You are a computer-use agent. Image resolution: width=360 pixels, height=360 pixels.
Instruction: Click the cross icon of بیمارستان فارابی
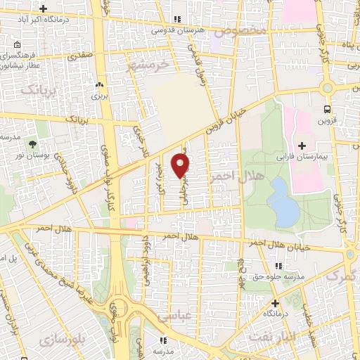(x=302, y=146)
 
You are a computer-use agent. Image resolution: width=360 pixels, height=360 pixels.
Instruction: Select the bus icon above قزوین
(x=327, y=109)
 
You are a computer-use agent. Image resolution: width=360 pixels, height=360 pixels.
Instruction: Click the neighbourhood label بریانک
(x=37, y=89)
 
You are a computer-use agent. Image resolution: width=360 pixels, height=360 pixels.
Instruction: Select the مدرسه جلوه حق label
(x=279, y=276)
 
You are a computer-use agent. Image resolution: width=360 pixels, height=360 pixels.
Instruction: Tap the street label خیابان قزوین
(x=226, y=121)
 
